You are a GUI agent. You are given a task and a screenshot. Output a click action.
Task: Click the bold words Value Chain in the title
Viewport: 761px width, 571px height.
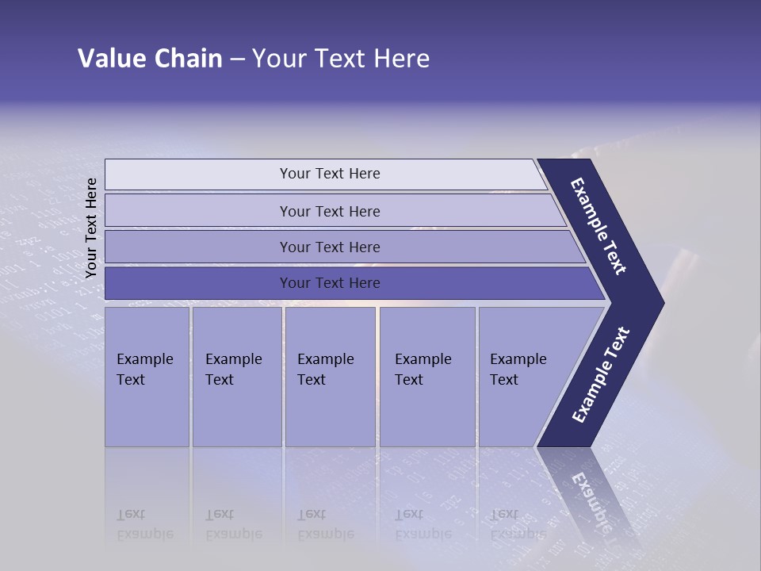[x=150, y=59]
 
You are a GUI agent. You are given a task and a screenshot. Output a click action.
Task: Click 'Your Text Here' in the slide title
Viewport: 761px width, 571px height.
[x=341, y=59]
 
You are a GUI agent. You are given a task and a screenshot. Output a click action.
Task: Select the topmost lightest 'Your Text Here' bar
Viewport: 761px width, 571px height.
[x=329, y=174]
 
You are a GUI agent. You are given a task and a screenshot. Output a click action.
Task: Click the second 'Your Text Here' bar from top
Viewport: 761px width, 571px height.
[x=329, y=211]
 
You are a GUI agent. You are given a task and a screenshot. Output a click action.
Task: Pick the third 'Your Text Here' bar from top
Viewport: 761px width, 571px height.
[x=329, y=247]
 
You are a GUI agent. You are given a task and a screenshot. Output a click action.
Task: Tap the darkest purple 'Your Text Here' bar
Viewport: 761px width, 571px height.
[x=329, y=283]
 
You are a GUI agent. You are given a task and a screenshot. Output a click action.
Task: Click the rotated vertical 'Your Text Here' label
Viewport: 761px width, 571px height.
[x=91, y=228]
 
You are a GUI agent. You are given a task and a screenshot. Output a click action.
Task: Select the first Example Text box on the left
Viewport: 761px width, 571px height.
[x=147, y=377]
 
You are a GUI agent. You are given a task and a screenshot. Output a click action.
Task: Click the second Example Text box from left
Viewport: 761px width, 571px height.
[x=236, y=377]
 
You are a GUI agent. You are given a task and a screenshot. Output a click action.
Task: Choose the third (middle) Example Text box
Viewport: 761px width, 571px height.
[x=330, y=377]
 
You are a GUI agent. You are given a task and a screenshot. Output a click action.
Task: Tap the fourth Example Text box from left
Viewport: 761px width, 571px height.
[x=426, y=377]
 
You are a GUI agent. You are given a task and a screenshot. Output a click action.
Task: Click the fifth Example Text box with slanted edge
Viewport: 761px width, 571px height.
[x=523, y=377]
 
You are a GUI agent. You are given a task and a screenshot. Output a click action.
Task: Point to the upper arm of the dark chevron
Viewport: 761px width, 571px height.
[x=599, y=226]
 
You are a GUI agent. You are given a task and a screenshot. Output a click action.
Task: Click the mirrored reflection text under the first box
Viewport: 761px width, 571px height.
[x=144, y=524]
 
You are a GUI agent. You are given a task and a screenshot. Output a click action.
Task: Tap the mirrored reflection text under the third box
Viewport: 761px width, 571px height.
[x=325, y=524]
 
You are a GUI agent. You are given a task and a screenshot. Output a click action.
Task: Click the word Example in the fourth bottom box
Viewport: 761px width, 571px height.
[x=423, y=359]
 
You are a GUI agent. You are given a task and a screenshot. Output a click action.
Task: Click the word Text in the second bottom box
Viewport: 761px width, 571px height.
[x=220, y=380]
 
